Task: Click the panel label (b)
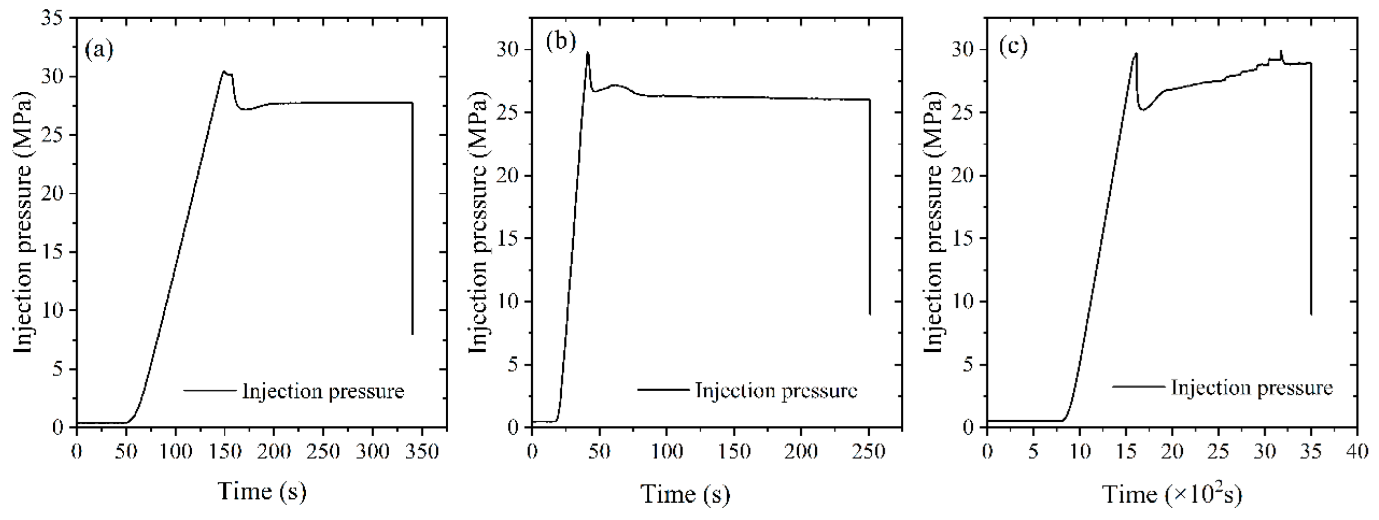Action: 561,42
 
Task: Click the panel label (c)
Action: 1013,46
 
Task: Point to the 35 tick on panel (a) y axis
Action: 51,19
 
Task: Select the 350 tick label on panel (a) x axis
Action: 423,451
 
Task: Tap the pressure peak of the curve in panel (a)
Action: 224,71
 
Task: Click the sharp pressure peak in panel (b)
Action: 588,52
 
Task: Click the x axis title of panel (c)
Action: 1171,493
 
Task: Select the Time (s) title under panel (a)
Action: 262,490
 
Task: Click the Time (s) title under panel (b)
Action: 685,493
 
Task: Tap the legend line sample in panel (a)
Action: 210,390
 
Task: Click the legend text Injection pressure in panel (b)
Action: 776,390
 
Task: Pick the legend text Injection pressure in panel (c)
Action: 1252,387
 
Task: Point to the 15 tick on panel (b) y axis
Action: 507,238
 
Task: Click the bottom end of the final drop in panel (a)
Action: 412,334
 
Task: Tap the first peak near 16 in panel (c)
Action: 1136,54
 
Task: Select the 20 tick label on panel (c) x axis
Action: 1172,451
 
